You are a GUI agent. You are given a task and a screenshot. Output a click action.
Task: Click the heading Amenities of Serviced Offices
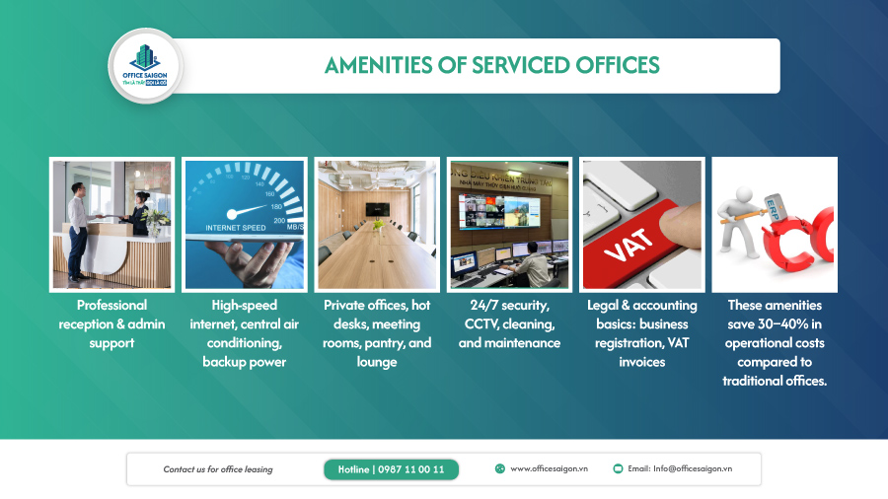pos(491,66)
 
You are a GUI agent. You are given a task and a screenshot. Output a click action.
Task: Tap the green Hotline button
pos(391,469)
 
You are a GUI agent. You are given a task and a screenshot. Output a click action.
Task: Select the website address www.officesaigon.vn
pos(549,469)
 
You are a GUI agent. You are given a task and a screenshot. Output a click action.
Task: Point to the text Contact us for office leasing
pos(217,469)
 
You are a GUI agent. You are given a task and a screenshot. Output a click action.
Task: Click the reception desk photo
pos(111,224)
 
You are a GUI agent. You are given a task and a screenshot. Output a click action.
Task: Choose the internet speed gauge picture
pos(244,224)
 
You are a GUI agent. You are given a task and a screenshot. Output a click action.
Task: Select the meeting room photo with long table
pos(376,224)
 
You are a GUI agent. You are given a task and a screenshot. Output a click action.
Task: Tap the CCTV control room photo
pos(508,224)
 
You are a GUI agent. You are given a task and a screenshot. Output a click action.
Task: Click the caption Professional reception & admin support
pos(111,324)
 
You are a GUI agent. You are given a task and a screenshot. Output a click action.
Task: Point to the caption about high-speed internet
pos(244,333)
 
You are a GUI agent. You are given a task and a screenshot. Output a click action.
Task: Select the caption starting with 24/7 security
pos(508,324)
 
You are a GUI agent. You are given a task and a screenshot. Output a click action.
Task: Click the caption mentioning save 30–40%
pos(774,342)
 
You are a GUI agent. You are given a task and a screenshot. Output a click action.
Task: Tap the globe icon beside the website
pos(500,469)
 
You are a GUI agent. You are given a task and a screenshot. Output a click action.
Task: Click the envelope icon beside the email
pos(618,469)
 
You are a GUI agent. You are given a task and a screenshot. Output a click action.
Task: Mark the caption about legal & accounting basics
pos(641,333)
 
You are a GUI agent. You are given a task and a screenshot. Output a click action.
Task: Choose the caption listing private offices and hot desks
pos(376,333)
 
